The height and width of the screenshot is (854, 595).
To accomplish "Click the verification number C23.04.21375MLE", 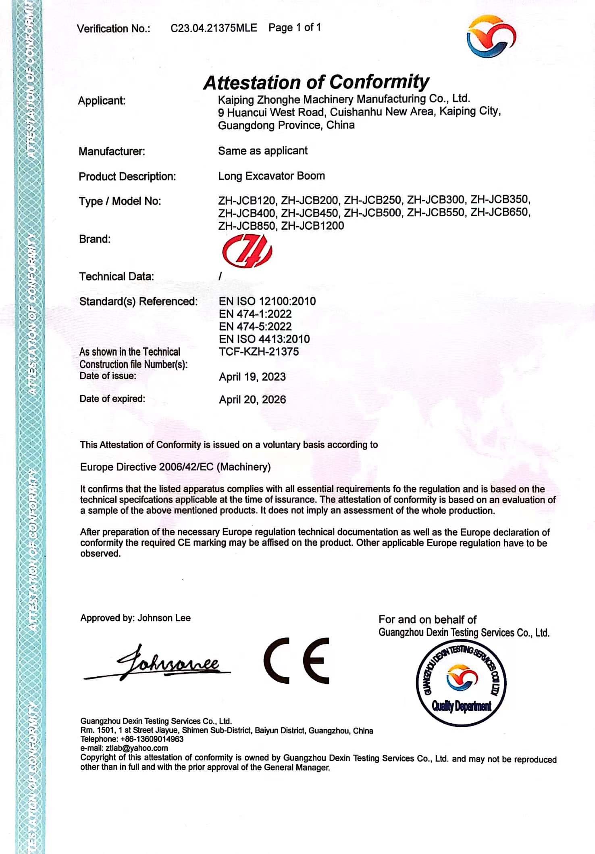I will (214, 28).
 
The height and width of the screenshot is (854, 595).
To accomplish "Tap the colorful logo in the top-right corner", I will (491, 36).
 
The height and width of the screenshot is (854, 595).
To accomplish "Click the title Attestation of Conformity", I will (316, 82).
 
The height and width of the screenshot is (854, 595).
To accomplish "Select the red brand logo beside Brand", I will (247, 252).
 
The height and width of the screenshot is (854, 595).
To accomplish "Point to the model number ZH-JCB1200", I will (312, 226).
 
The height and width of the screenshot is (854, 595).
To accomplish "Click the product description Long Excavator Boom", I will (271, 176).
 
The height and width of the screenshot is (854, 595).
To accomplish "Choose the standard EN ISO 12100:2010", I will (267, 301).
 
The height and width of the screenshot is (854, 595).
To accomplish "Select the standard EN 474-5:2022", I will (255, 327).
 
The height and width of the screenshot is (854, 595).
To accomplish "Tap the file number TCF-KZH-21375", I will (259, 352).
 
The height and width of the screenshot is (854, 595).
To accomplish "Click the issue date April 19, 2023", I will (252, 377).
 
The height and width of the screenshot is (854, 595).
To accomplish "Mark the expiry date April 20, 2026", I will (252, 400).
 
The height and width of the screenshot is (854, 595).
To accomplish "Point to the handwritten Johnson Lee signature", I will (161, 663).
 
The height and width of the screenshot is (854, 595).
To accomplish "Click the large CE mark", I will (297, 661).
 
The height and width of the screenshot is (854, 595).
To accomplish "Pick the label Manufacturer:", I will (112, 151).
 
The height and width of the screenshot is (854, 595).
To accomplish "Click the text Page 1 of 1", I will (295, 27).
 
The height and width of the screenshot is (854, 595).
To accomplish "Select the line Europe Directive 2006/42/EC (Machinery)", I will (175, 467).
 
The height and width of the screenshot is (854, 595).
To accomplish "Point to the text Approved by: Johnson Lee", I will (135, 618).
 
